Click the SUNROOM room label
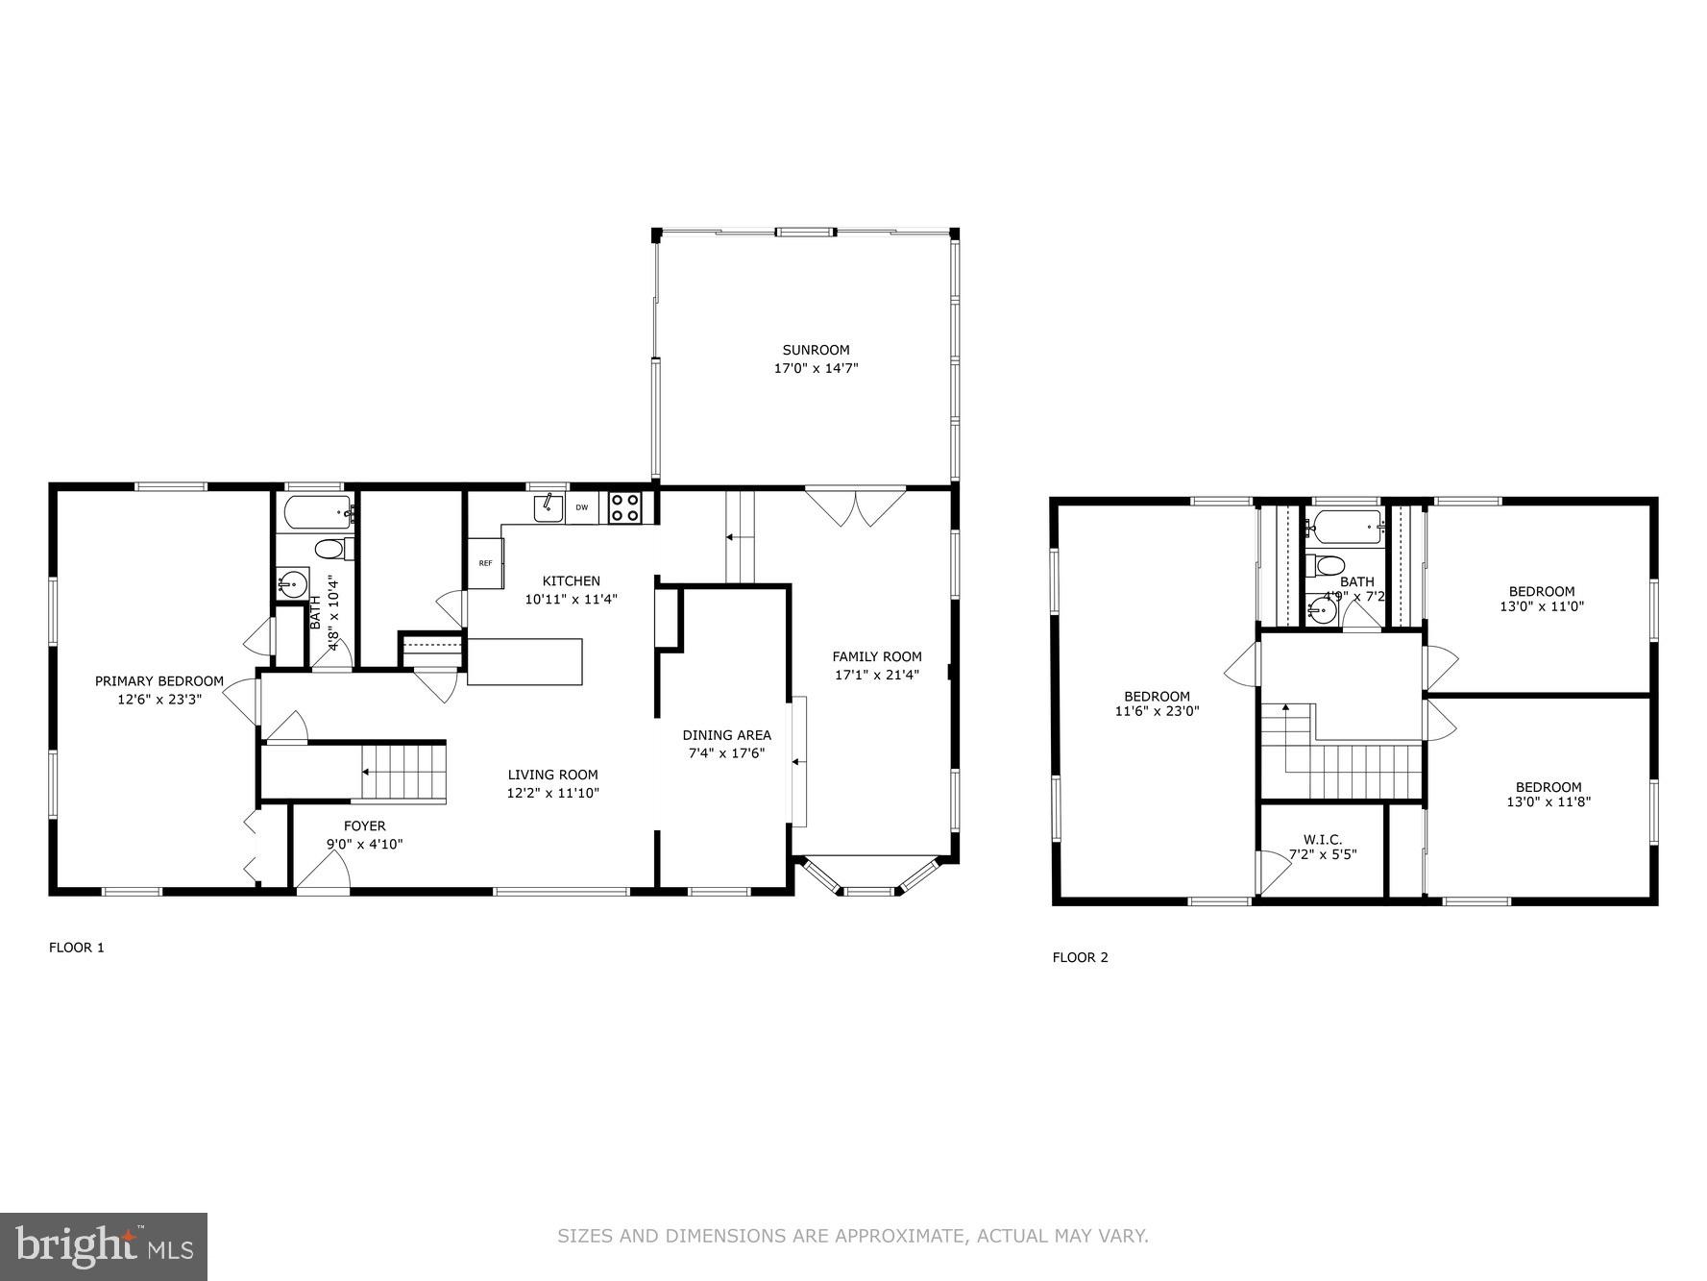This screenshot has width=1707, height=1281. [816, 350]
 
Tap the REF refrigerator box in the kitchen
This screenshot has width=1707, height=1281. [486, 563]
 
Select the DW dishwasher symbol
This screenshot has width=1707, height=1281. [582, 507]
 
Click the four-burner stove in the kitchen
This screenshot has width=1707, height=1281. [625, 507]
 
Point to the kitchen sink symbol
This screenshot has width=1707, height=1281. [549, 506]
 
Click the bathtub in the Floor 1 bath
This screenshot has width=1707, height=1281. [314, 514]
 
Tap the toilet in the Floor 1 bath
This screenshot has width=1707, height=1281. [330, 550]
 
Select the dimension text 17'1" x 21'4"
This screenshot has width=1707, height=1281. [876, 675]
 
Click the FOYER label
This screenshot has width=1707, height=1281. [365, 825]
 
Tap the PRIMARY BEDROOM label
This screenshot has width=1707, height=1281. [159, 681]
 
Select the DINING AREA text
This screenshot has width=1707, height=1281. [727, 735]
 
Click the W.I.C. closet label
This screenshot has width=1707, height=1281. [1323, 839]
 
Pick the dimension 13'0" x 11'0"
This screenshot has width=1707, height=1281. [1541, 606]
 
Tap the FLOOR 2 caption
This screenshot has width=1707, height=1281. [1080, 957]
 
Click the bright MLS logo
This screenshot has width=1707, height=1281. [104, 1246]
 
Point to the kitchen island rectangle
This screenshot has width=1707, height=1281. [524, 661]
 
